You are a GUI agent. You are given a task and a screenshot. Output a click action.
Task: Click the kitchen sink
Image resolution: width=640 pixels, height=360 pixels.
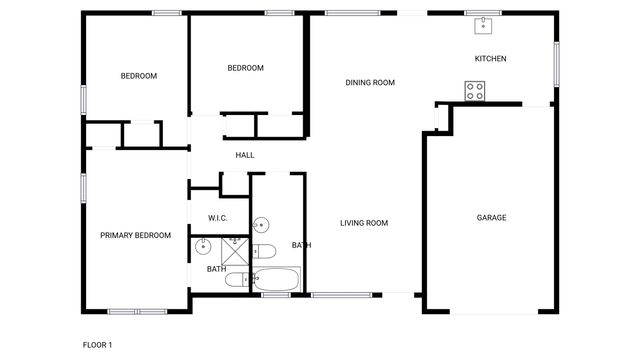tap(482, 24)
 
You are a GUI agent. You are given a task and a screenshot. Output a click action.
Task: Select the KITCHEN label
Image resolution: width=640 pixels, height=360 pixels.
tap(490, 59)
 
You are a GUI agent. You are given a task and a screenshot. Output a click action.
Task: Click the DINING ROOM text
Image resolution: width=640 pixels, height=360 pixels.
tap(370, 83)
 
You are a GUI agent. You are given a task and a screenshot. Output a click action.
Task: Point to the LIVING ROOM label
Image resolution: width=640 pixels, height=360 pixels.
tap(363, 223)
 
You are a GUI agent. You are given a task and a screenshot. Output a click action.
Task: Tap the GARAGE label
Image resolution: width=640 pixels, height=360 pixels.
tap(491, 217)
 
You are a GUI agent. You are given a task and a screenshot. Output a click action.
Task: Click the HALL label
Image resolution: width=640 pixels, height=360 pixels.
tap(245, 155)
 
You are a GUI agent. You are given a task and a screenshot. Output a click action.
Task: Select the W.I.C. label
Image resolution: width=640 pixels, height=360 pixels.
tap(219, 218)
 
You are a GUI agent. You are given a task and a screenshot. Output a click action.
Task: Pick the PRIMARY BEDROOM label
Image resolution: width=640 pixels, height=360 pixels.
tap(135, 236)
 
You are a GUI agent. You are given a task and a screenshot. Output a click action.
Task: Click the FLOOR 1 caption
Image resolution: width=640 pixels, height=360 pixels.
tap(97, 345)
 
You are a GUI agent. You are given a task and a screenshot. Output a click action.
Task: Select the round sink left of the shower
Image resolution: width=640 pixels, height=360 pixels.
tap(202, 246)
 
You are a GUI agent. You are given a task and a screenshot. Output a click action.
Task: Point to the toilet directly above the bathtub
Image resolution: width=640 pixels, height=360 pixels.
tap(266, 251)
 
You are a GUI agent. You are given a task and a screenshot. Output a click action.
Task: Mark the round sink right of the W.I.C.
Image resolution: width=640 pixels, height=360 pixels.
tap(261, 225)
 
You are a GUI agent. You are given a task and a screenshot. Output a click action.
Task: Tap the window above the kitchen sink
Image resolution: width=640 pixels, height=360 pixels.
tap(482, 12)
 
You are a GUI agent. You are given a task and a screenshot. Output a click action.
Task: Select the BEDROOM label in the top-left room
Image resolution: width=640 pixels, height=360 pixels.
tap(139, 76)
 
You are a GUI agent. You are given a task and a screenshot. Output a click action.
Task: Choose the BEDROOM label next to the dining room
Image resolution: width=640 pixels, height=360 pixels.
tap(245, 68)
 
